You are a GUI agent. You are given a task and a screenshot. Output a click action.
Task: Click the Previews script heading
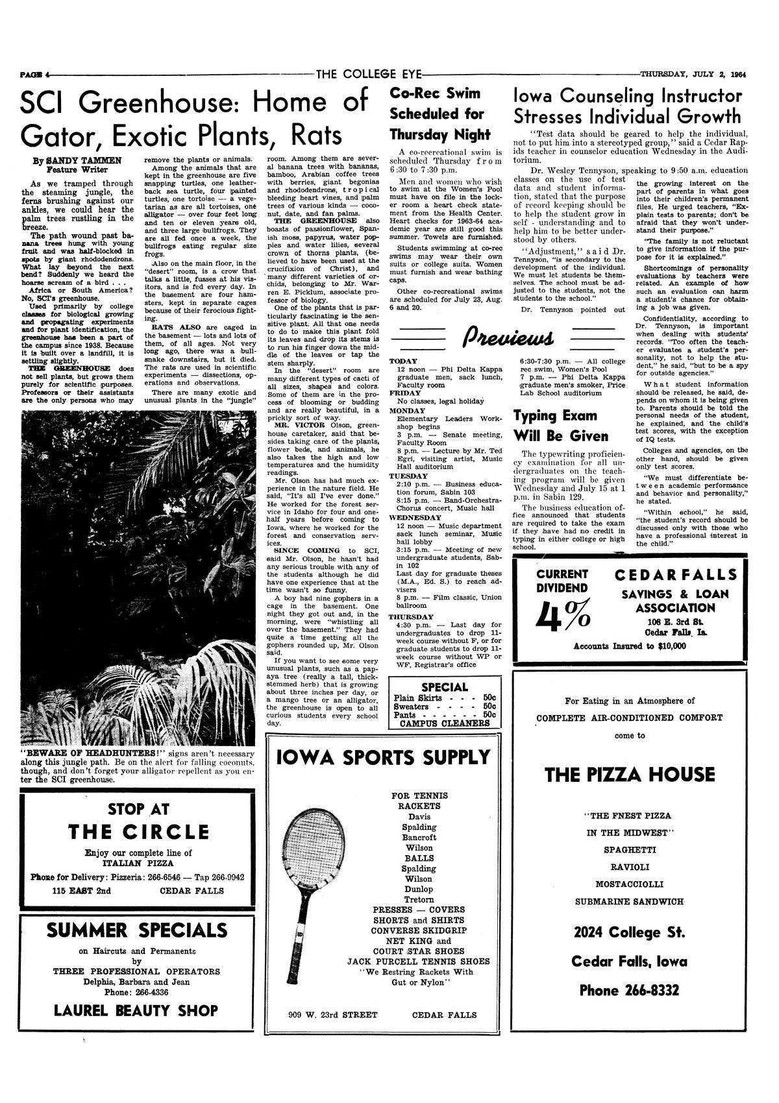506,338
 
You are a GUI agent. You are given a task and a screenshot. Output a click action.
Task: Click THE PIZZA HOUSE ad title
630,774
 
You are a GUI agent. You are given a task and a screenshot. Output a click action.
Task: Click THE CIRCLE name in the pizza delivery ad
138,832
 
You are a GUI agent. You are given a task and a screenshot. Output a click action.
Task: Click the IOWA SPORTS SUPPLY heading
383,757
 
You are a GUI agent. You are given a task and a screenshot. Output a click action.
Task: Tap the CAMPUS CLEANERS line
445,722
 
